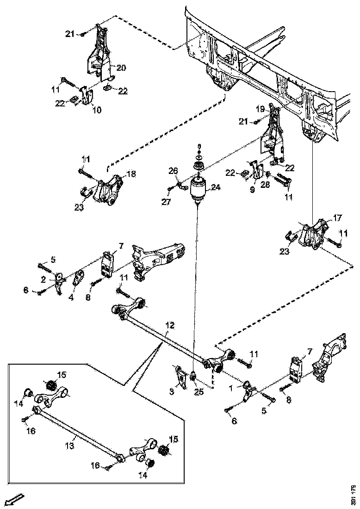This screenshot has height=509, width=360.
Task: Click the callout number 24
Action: click(x=216, y=188)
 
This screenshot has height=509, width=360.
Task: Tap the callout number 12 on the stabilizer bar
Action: click(x=170, y=326)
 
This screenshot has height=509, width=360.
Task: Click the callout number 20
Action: click(x=121, y=68)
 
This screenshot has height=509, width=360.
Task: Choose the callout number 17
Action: click(x=337, y=217)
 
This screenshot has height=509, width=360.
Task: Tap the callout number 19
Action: click(x=260, y=109)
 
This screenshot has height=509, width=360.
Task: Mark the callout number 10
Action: click(x=97, y=110)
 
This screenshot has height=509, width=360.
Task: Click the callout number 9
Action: click(x=253, y=189)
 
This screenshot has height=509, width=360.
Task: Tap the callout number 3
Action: click(x=172, y=392)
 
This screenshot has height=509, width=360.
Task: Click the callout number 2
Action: click(x=43, y=279)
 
